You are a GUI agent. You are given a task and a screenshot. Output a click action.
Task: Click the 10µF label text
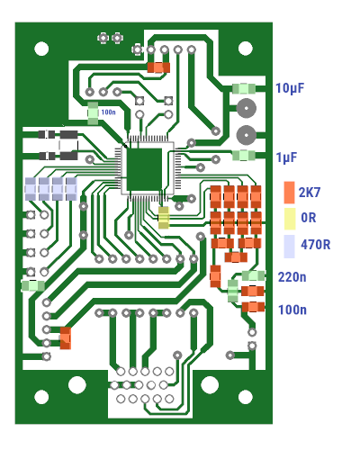point(290,88)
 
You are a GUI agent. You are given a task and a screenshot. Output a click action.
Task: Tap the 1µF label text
point(286,157)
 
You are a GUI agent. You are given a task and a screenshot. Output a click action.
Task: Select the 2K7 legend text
point(310,193)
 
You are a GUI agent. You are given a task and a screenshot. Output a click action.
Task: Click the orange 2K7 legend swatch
point(289,193)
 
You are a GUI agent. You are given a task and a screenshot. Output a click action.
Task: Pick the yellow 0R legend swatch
point(290,219)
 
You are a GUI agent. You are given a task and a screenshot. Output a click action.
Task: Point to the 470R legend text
point(316,245)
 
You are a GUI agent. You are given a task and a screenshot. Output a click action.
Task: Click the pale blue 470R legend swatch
point(289,247)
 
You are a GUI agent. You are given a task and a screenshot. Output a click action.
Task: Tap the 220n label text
point(292,277)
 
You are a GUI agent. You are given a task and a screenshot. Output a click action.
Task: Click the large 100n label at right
point(292,310)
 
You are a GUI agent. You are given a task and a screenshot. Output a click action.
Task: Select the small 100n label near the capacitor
point(108,112)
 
